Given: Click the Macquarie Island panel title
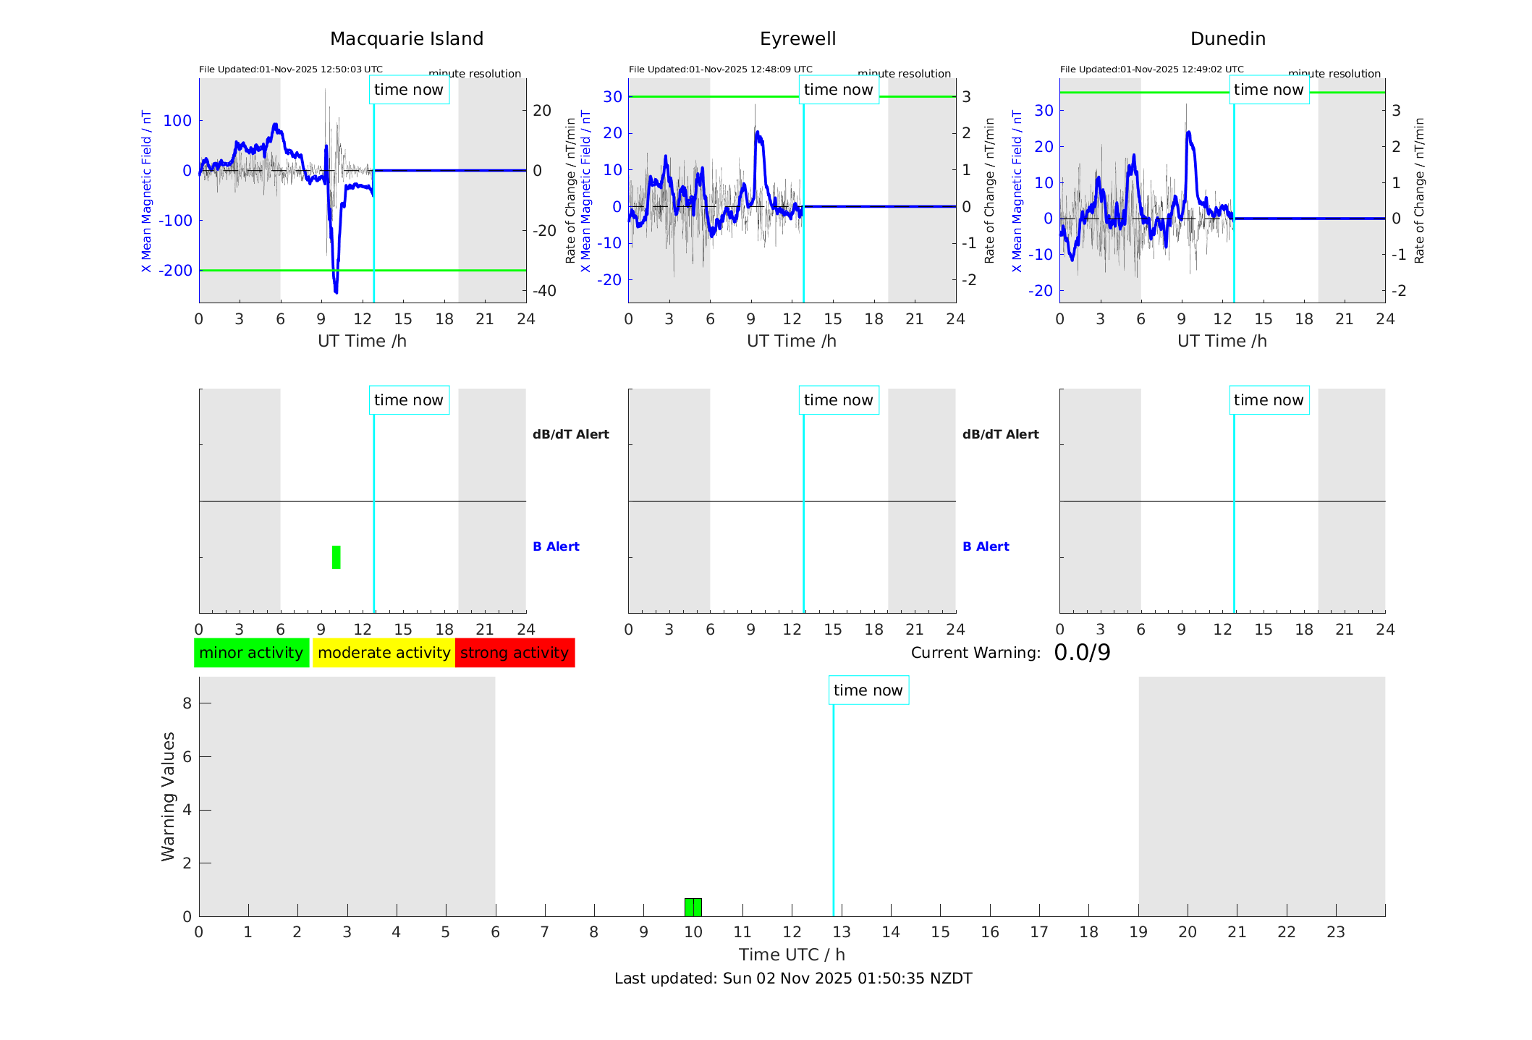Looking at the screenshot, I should tap(406, 39).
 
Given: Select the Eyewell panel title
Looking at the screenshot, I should tap(797, 39).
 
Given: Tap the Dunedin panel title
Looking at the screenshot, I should tap(1227, 39).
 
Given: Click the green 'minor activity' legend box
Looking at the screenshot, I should tap(251, 653).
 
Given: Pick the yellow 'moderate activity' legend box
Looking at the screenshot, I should tap(384, 653).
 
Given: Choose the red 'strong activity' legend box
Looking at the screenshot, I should tap(515, 653).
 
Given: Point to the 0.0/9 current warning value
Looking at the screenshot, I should tap(1082, 653).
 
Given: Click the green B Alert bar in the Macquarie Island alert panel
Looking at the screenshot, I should tap(336, 557).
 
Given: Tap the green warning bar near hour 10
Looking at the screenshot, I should tap(693, 907).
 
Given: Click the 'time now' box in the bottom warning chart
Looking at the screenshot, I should tap(868, 690).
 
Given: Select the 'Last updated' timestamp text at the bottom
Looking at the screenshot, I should tap(793, 978).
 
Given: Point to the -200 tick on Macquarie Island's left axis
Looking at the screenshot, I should tap(177, 271).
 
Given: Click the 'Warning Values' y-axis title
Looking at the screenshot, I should tap(169, 796).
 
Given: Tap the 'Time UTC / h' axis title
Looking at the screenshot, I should tap(792, 955).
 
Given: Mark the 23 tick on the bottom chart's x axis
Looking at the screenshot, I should tap(1335, 932).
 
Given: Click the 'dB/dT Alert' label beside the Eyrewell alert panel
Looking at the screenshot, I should tap(1000, 434).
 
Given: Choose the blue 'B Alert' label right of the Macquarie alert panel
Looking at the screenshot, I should tap(556, 546).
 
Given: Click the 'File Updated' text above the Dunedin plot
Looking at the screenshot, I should tap(1151, 69).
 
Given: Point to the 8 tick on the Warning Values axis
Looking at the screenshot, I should tap(187, 703).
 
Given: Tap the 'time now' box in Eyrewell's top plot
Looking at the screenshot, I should tap(838, 90).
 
